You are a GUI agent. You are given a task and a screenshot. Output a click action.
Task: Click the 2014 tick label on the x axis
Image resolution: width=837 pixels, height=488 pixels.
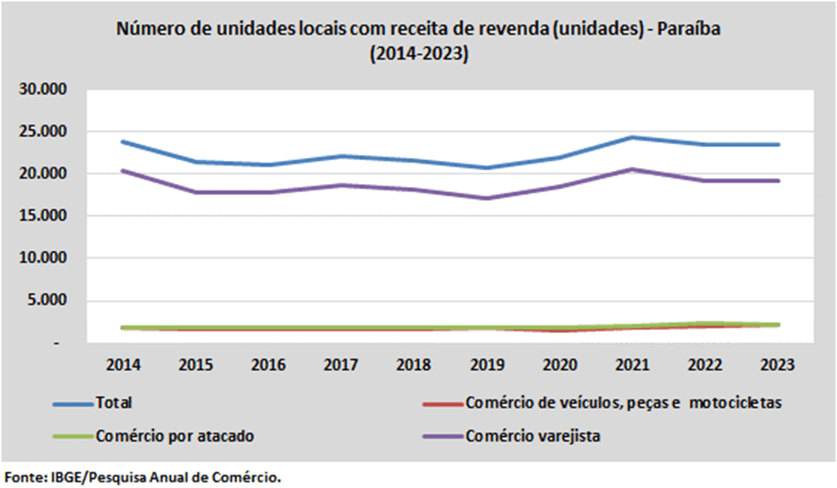(x=124, y=364)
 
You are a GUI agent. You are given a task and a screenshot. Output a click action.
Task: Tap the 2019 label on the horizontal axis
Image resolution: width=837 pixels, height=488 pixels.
(x=487, y=364)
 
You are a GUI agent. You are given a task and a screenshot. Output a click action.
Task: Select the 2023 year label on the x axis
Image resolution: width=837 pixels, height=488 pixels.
(x=778, y=364)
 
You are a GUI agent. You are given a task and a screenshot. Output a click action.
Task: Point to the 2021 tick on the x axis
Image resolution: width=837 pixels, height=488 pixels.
(x=632, y=364)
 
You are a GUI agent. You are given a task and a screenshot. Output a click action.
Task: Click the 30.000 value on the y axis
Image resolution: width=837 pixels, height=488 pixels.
(x=44, y=88)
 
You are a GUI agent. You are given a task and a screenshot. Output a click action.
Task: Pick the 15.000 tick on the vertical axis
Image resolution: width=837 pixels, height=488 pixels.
(x=44, y=215)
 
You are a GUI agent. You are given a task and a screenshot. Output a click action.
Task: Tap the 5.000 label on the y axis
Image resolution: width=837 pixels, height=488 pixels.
(x=47, y=299)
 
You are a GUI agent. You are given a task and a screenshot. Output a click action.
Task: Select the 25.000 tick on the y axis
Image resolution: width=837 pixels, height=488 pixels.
(x=44, y=131)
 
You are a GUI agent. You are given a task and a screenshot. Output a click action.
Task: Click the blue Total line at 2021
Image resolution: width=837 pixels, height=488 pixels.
(x=632, y=138)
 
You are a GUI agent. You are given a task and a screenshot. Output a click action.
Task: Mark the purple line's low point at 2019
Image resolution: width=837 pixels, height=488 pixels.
(x=487, y=198)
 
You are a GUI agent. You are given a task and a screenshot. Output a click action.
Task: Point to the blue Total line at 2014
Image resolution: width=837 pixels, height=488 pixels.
(x=124, y=142)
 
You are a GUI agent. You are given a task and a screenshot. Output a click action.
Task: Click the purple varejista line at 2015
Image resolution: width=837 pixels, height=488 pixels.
(x=196, y=192)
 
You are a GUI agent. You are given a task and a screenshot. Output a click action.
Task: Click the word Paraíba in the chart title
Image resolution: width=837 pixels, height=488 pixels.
(x=688, y=28)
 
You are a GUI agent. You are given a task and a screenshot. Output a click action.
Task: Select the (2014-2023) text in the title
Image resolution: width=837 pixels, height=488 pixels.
(x=419, y=53)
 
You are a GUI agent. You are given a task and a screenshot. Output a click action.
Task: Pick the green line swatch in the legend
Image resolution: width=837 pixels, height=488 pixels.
(x=73, y=437)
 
